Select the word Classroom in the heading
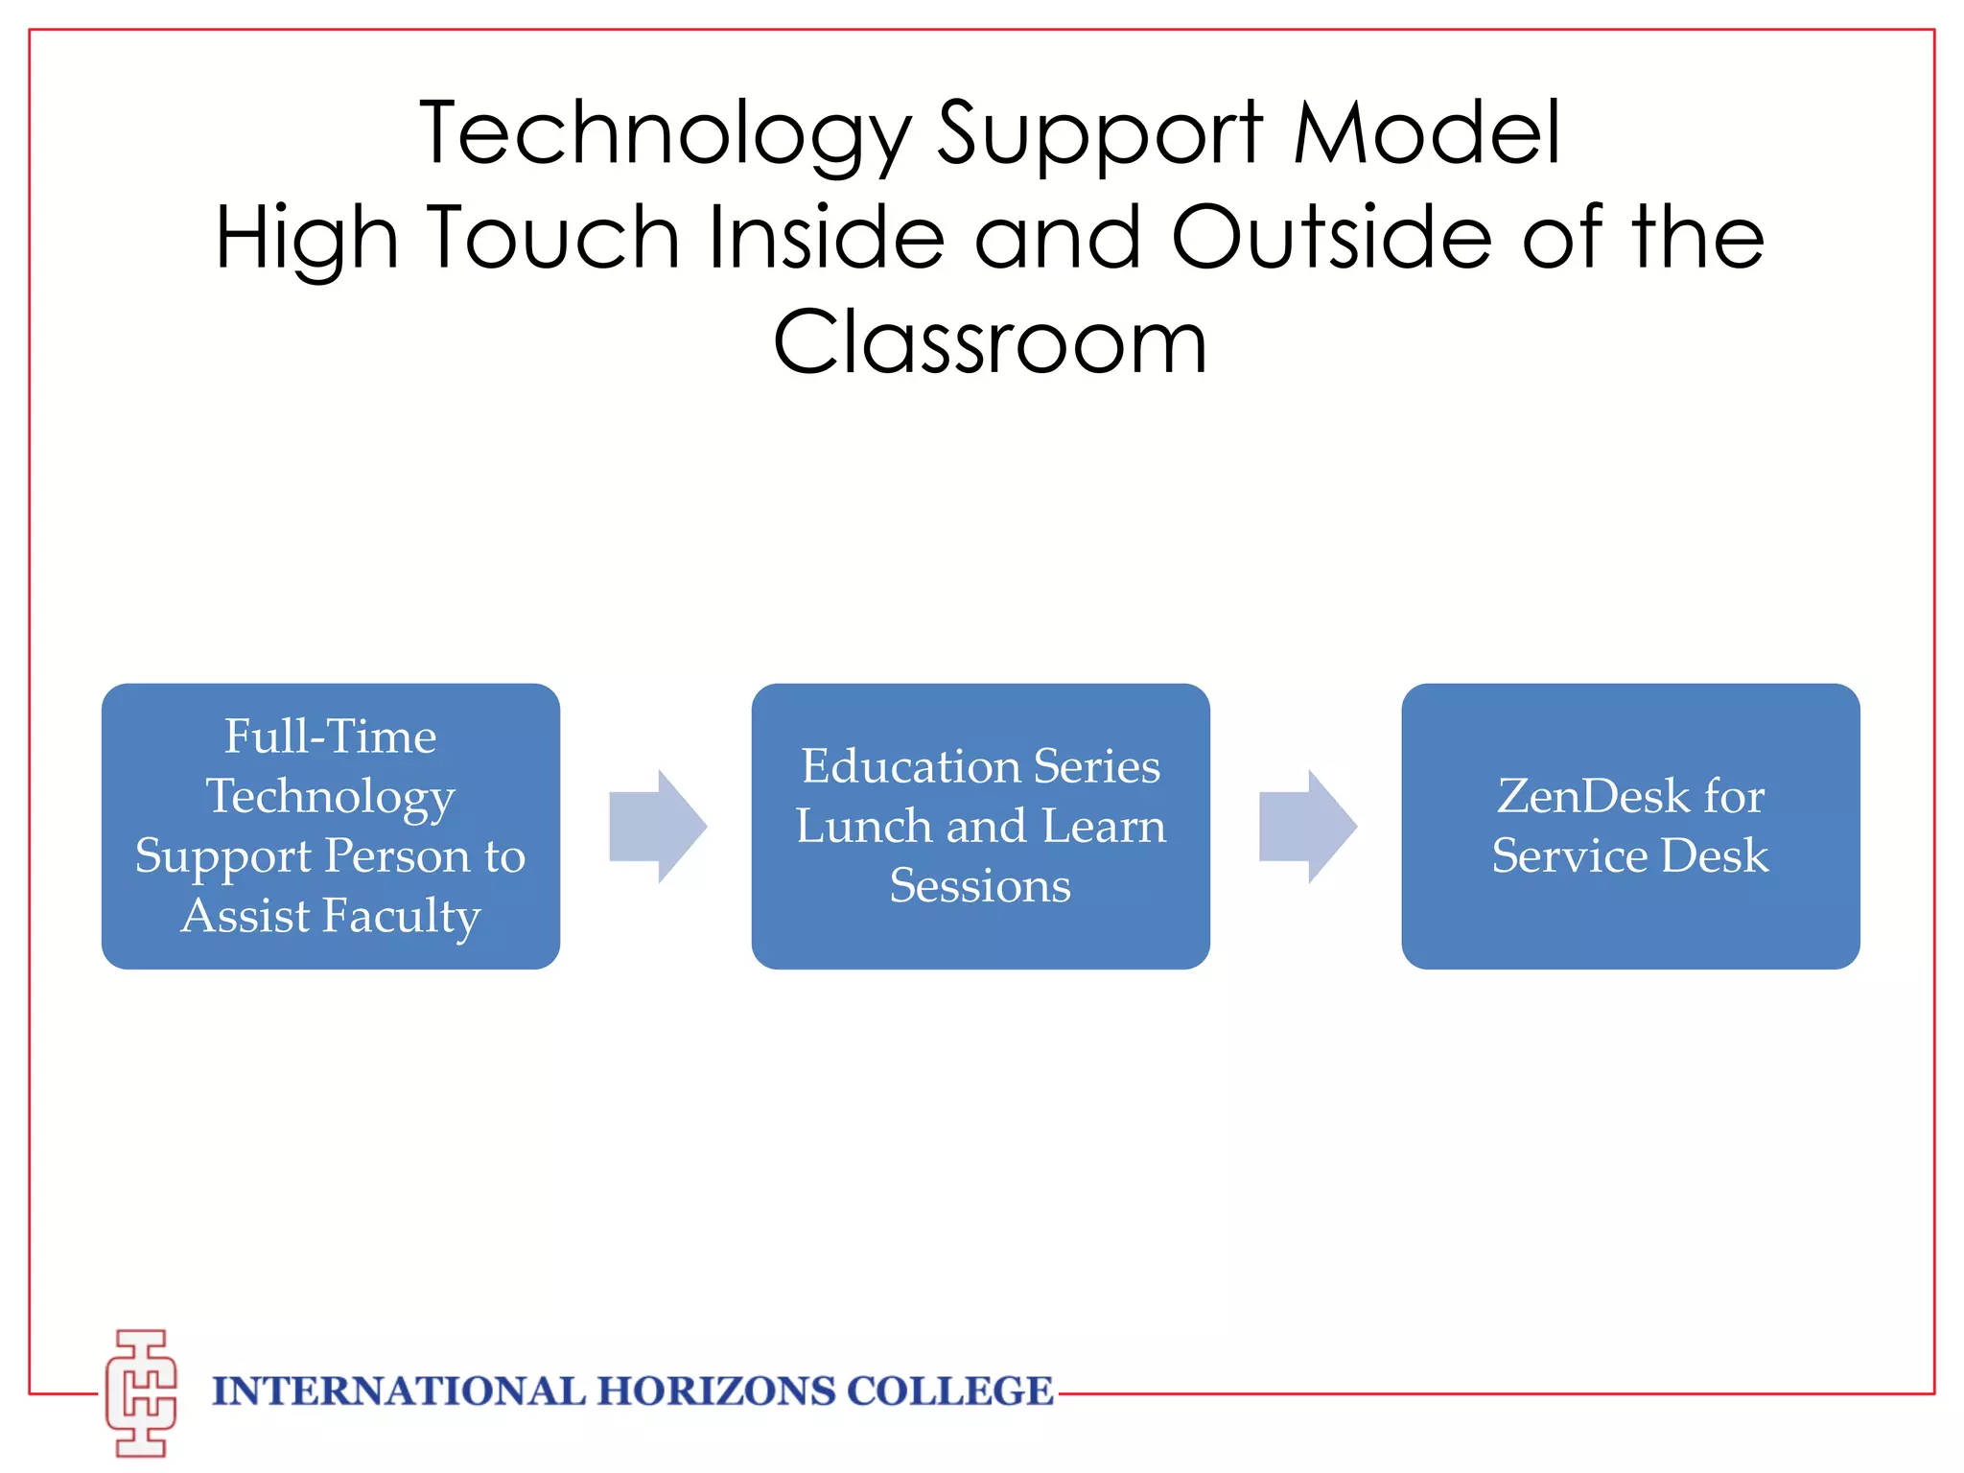pyautogui.click(x=990, y=342)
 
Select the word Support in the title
pyautogui.click(x=1100, y=134)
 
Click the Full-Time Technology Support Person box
pyautogui.click(x=331, y=826)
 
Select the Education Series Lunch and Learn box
pyautogui.click(x=980, y=826)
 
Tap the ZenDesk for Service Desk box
pyautogui.click(x=1630, y=826)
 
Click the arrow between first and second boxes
pyautogui.click(x=658, y=826)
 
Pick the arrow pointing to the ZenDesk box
pyautogui.click(x=1307, y=826)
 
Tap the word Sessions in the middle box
pyautogui.click(x=980, y=885)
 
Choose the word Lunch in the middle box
pyautogui.click(x=863, y=826)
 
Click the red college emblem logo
pyautogui.click(x=141, y=1392)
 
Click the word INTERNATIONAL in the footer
pyautogui.click(x=398, y=1391)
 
